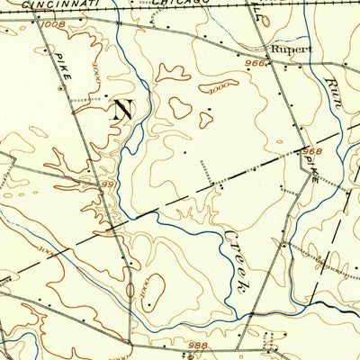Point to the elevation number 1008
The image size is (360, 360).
[52, 24]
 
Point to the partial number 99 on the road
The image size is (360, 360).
[107, 184]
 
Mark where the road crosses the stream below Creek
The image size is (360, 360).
[236, 314]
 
